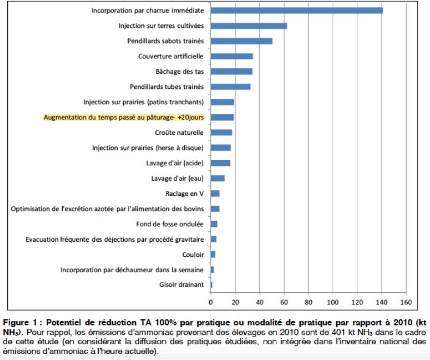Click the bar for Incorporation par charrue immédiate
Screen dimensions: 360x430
click(x=296, y=10)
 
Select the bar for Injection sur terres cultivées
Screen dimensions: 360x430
click(x=249, y=26)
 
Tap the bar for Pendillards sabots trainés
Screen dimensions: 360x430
click(x=241, y=41)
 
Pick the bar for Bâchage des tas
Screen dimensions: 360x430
click(x=232, y=71)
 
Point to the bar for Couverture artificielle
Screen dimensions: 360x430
click(x=232, y=56)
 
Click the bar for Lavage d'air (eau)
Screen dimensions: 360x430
click(x=217, y=178)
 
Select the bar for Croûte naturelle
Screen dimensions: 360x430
click(x=221, y=133)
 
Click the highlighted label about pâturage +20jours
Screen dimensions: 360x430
click(x=123, y=117)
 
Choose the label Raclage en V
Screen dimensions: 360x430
click(x=184, y=194)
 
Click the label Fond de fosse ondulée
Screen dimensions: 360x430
click(x=169, y=224)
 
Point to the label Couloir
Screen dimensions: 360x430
click(x=193, y=254)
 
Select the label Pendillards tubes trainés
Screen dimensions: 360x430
click(x=167, y=87)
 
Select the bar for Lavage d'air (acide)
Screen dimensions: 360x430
click(x=220, y=163)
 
